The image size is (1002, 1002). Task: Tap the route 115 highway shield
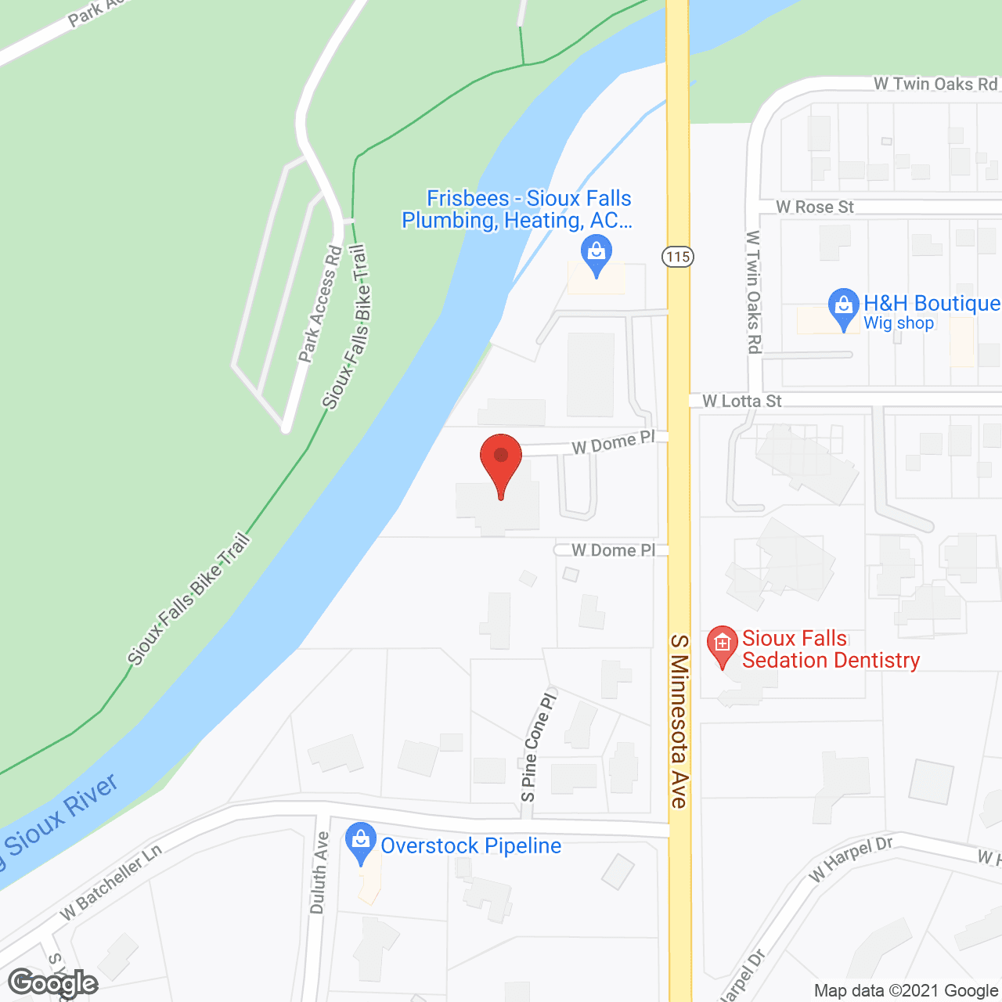pyautogui.click(x=678, y=256)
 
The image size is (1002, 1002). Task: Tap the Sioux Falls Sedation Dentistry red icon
pyautogui.click(x=722, y=645)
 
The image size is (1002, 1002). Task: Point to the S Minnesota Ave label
pyautogui.click(x=679, y=721)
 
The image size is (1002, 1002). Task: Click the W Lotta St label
pyautogui.click(x=742, y=401)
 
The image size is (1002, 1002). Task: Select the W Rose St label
pyautogui.click(x=815, y=207)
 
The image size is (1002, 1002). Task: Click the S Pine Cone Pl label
pyautogui.click(x=538, y=746)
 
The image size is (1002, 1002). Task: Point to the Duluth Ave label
pyautogui.click(x=319, y=872)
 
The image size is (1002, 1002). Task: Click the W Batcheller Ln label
pyautogui.click(x=111, y=881)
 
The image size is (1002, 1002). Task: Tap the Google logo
pyautogui.click(x=53, y=983)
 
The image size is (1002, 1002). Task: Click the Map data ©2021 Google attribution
pyautogui.click(x=906, y=991)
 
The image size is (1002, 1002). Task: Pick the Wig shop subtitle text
pyautogui.click(x=899, y=323)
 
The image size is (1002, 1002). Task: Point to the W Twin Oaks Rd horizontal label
pyautogui.click(x=935, y=84)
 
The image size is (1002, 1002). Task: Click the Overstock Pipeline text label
pyautogui.click(x=471, y=845)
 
